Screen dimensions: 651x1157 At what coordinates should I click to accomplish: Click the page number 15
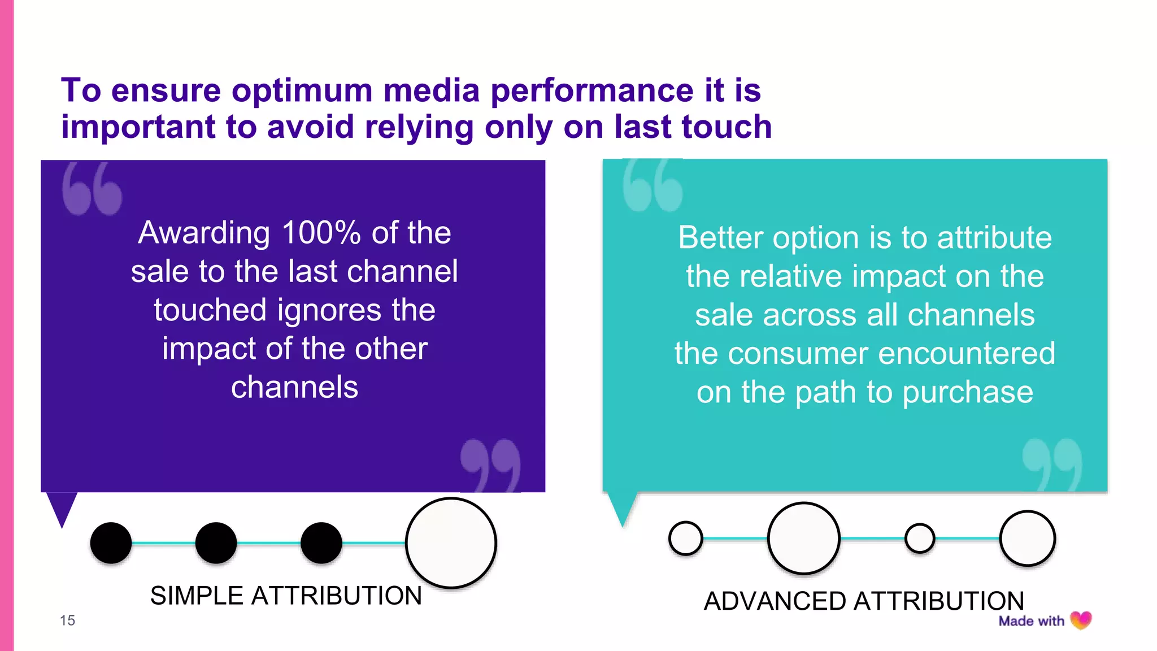pos(67,620)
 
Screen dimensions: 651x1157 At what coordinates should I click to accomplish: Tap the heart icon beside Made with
pos(1081,620)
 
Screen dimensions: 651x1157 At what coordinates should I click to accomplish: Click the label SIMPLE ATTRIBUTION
pos(286,596)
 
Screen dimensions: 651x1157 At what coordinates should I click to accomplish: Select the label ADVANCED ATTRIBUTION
pos(864,601)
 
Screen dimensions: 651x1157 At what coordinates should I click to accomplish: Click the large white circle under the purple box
pos(451,542)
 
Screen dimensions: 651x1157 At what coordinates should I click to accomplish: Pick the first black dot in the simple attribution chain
pos(111,543)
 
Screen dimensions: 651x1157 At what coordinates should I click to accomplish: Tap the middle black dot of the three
pos(216,543)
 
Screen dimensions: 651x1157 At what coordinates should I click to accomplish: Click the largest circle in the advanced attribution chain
pos(803,538)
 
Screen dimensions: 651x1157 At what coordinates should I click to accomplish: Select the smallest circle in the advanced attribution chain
pos(919,538)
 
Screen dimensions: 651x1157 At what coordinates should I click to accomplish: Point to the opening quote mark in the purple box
pos(92,189)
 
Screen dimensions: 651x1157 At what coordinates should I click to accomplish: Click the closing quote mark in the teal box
pos(1052,464)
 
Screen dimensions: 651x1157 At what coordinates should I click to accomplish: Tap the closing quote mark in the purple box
pos(490,465)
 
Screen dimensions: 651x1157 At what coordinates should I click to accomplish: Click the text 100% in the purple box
pos(321,232)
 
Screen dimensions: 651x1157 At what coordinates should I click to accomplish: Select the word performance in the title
pos(591,91)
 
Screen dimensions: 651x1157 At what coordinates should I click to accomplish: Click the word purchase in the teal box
pos(968,392)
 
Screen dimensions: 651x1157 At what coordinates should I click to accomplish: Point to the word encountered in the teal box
pos(967,354)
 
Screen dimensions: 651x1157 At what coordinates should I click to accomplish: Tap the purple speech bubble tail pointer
pos(61,507)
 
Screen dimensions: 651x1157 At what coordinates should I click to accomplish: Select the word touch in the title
pos(727,127)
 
